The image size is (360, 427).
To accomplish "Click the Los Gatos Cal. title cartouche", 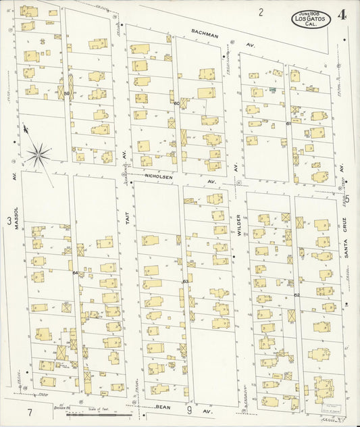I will [x=311, y=19].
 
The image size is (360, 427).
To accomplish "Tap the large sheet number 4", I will [x=344, y=15].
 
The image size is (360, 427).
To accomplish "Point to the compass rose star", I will [x=38, y=155].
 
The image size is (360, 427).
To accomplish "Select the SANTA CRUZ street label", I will [x=344, y=232].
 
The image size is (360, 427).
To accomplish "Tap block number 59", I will [x=67, y=93].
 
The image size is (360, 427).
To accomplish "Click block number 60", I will [x=176, y=103].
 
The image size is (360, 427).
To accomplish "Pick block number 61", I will [x=288, y=124].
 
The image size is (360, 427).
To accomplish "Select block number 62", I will [x=296, y=295].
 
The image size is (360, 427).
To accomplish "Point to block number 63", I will [x=185, y=281].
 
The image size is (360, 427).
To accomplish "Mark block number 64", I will [x=75, y=272].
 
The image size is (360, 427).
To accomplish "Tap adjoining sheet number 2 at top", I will [x=260, y=11].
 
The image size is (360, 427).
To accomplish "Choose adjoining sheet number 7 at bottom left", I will [x=30, y=412].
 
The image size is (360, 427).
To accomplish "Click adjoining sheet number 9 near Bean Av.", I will [x=190, y=409].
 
